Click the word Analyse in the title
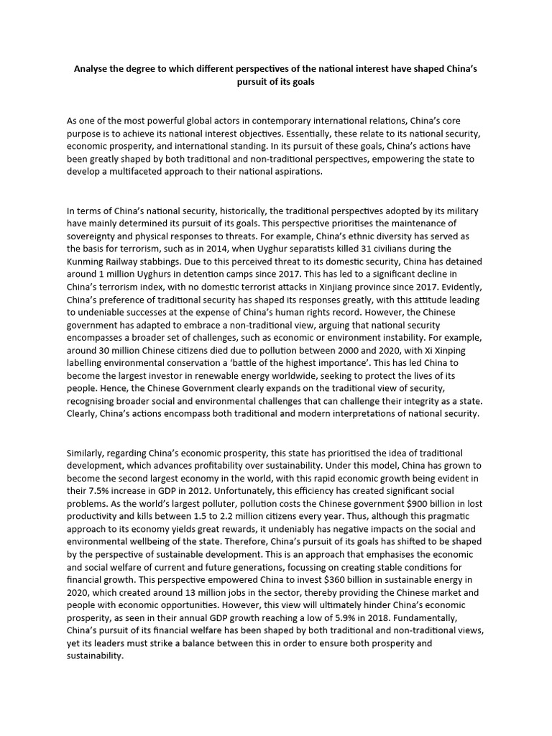point(93,69)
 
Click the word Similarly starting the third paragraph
point(89,454)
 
